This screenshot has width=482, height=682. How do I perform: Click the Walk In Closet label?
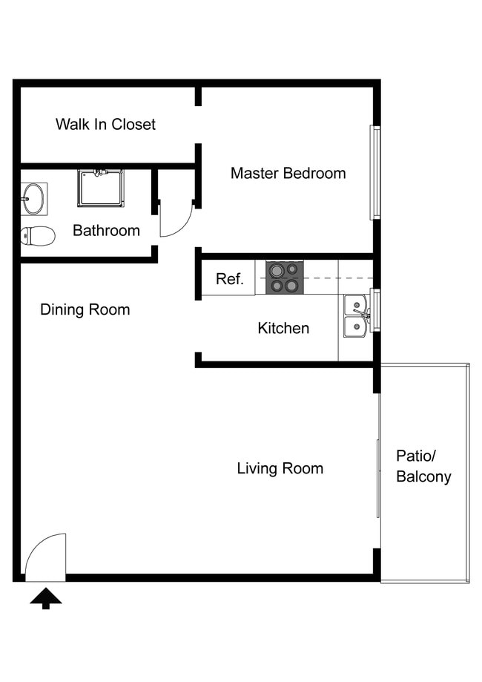105,124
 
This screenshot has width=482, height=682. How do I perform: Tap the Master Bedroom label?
288,173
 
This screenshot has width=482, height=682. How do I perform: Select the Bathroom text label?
106,230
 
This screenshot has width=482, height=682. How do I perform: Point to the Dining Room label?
85,309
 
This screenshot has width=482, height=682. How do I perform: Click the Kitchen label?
283,328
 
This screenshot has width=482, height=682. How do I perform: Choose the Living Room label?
280,468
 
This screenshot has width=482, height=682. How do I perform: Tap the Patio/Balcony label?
423,466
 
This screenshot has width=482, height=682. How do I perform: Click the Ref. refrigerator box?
229,279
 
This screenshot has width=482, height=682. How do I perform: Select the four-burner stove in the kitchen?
284,278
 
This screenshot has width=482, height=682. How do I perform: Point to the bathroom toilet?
37,236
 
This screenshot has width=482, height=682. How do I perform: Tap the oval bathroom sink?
33,198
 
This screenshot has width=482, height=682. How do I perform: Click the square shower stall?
100,188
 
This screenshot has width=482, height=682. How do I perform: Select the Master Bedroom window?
375,173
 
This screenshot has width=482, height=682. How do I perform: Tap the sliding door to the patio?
378,456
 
